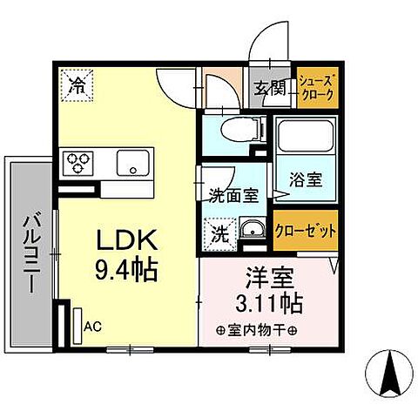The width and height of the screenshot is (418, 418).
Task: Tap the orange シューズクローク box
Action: coord(315,87)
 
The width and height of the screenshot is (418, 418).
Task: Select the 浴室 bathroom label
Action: coord(306,181)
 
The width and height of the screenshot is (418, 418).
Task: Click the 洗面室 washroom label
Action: coord(233,195)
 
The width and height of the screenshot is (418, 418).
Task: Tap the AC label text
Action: coord(94,327)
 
